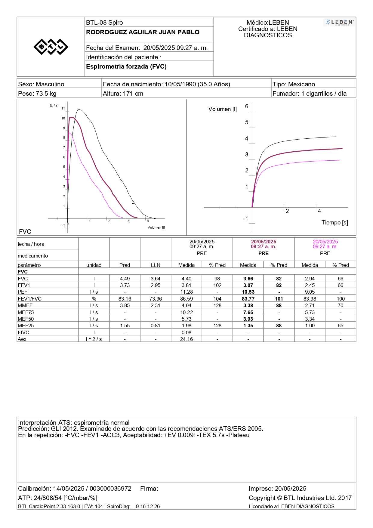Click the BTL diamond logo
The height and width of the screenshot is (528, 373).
51,47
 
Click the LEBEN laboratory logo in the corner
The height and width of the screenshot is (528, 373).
339,22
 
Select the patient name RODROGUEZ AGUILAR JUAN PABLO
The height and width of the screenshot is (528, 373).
143,32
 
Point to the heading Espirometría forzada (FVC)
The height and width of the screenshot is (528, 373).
126,66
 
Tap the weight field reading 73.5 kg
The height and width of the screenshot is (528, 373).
37,94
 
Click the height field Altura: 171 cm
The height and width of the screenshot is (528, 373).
123,94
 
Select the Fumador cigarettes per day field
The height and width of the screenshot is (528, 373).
310,94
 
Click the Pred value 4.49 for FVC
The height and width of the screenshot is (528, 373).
125,279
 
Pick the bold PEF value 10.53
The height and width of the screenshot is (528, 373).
248,292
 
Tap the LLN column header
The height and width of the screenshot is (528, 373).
156,265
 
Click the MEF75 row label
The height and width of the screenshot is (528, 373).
26,312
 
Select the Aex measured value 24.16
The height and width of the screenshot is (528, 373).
186,339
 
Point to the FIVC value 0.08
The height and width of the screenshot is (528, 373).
186,332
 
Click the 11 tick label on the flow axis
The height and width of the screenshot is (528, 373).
63,108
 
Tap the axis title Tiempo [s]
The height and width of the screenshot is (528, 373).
335,223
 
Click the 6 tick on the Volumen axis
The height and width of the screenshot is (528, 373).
247,106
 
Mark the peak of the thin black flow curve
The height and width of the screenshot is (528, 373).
78,109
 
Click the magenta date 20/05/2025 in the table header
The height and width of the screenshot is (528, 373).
325,242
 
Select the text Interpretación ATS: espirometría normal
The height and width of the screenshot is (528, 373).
74,423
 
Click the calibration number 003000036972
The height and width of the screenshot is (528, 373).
110,489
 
